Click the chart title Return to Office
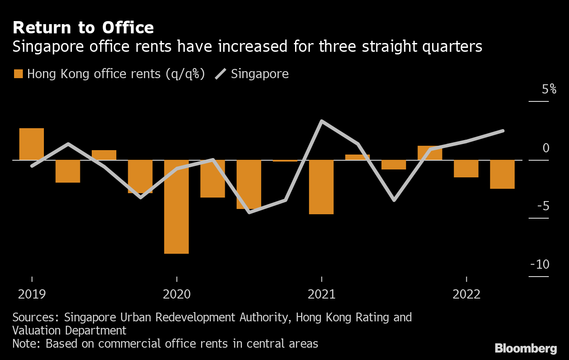tap(83, 28)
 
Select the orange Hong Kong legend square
tap(18, 74)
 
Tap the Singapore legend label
tap(259, 74)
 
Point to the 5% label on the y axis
tap(549, 90)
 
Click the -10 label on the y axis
tap(540, 264)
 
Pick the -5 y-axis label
tap(543, 206)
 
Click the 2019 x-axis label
tap(32, 294)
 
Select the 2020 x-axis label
tap(176, 294)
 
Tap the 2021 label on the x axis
tap(321, 294)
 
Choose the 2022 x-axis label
tap(466, 294)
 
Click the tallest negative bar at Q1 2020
tap(176, 207)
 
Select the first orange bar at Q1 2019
tap(32, 144)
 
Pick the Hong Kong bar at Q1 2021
tap(321, 187)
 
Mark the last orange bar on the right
tap(502, 174)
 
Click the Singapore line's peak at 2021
tap(322, 121)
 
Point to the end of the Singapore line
tap(503, 131)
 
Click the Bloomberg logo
tap(526, 349)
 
